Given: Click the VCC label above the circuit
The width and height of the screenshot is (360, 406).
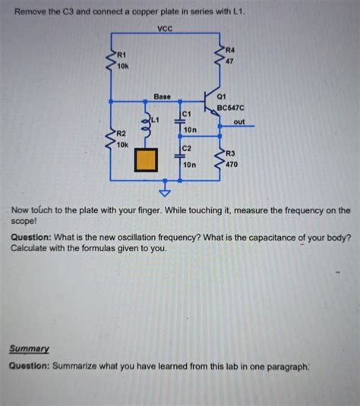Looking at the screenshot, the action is coord(165,28).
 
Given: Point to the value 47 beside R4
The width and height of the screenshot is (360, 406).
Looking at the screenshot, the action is coord(230,61).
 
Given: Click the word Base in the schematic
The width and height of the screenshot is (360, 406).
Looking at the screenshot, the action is coord(163,97).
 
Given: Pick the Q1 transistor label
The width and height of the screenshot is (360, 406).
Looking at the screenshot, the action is coord(222,97).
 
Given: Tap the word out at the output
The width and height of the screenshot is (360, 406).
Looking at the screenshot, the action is coord(239,122).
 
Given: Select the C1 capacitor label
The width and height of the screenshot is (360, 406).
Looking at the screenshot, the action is coord(186,113).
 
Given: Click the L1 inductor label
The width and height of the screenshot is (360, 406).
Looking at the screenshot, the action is coord(156,120).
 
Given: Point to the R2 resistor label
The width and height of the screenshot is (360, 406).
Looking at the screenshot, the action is coord(121,134).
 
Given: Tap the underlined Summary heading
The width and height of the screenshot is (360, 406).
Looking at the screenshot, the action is coord(30,349).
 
